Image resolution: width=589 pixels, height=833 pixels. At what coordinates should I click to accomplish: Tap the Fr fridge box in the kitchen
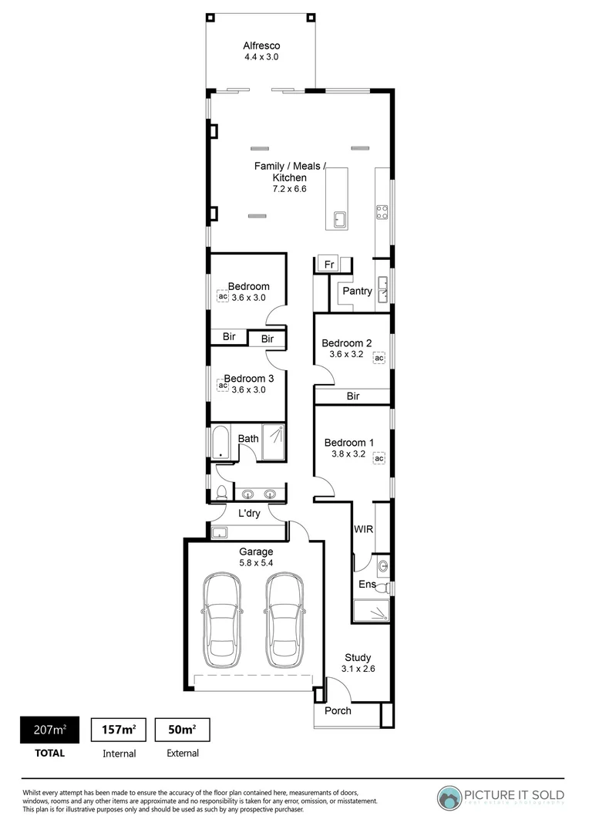pyautogui.click(x=328, y=263)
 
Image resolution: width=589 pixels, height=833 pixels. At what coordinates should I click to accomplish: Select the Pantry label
pyautogui.click(x=358, y=291)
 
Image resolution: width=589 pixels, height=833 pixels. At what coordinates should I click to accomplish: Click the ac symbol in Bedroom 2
pyautogui.click(x=379, y=358)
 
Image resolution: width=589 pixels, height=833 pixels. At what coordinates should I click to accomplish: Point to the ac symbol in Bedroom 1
pyautogui.click(x=379, y=458)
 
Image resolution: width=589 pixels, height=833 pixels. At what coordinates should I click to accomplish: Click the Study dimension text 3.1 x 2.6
pyautogui.click(x=358, y=669)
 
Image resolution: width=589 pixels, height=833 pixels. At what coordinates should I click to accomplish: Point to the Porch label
pyautogui.click(x=338, y=710)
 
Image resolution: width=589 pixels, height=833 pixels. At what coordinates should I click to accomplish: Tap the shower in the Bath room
pyautogui.click(x=273, y=443)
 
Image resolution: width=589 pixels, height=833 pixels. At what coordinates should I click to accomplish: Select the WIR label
pyautogui.click(x=363, y=529)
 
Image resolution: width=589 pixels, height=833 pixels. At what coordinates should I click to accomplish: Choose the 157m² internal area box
pyautogui.click(x=119, y=729)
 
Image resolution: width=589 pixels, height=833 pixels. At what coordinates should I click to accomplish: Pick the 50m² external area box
pyautogui.click(x=182, y=729)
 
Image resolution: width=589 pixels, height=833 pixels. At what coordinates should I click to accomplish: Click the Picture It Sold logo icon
pyautogui.click(x=449, y=796)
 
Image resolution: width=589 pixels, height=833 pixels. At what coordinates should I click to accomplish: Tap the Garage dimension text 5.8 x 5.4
pyautogui.click(x=256, y=564)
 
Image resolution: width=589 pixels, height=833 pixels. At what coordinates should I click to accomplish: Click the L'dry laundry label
pyautogui.click(x=248, y=513)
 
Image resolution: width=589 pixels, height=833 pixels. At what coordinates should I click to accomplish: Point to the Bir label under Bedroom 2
pyautogui.click(x=353, y=396)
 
